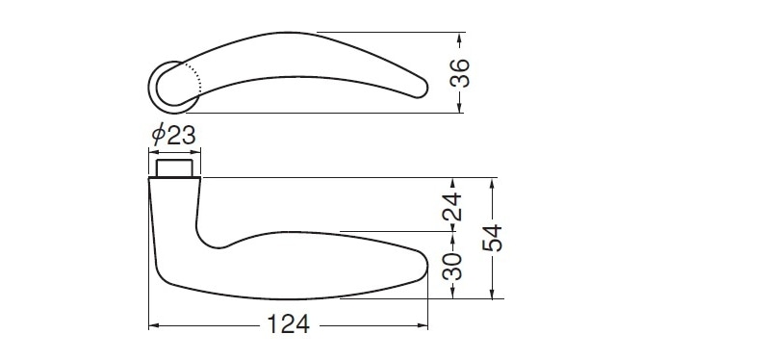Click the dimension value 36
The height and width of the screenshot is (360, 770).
click(460, 73)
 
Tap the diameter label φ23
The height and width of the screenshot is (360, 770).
click(174, 135)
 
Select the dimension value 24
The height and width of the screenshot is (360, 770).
click(452, 207)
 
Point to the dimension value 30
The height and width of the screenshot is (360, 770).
click(452, 266)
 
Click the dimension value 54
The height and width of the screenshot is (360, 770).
click(492, 238)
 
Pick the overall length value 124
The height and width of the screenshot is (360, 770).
click(288, 324)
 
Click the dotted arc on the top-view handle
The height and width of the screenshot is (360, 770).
click(195, 77)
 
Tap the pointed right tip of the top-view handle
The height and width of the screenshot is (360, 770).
click(426, 88)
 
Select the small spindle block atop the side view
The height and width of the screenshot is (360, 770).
click(174, 167)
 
